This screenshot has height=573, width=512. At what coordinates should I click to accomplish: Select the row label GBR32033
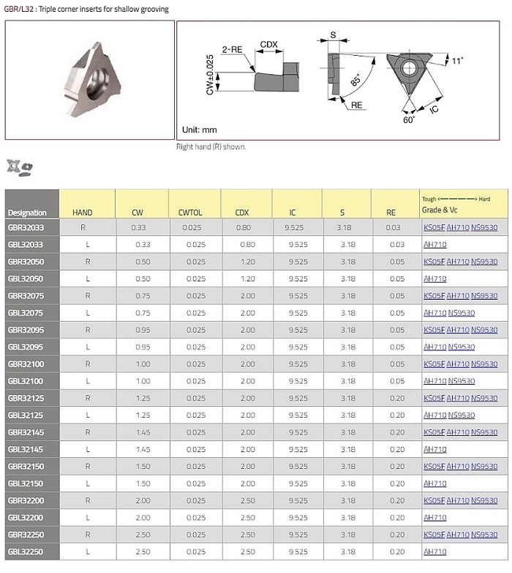[26, 227]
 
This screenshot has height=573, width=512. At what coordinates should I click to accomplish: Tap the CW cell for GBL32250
[143, 552]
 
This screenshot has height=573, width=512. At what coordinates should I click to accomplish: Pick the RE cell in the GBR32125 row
[397, 398]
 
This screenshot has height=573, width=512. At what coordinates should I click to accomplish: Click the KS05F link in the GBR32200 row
[434, 500]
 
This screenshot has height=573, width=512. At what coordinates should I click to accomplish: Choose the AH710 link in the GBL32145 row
[435, 449]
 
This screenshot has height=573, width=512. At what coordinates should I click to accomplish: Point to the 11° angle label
[457, 61]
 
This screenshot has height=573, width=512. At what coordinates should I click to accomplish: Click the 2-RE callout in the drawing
[232, 49]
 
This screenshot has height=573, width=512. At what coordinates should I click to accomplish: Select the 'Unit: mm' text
[199, 130]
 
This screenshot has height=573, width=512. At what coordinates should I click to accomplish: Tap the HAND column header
[83, 212]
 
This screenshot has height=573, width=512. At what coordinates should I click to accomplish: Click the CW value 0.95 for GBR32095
[143, 330]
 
